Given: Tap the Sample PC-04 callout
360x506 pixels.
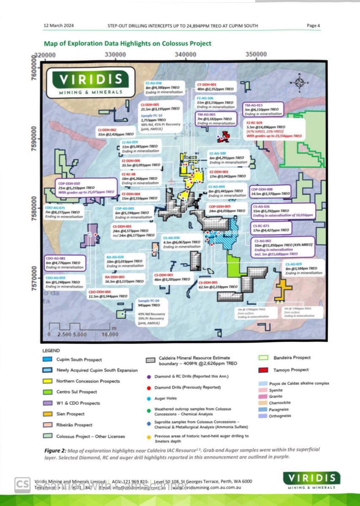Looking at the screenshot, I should click(x=152, y=312).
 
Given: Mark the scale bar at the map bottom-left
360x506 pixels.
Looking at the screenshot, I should click(x=80, y=329).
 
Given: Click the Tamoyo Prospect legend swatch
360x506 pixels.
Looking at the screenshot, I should click(x=264, y=370).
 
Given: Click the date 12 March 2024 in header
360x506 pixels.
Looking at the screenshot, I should click(x=58, y=26).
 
